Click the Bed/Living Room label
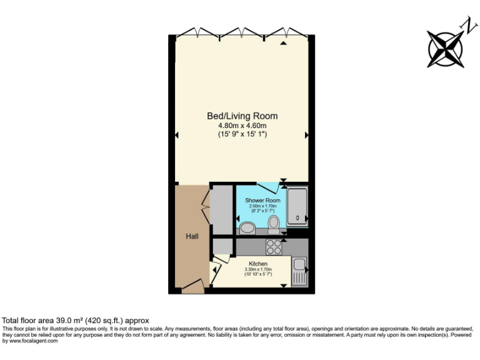242,116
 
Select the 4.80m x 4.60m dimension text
242,125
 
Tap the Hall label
192,236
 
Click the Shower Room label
262,201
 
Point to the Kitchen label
258,264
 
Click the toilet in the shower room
273,224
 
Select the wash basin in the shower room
247,229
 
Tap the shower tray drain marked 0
297,218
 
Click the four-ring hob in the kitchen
274,247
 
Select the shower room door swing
269,187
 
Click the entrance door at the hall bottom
193,287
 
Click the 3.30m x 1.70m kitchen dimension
258,269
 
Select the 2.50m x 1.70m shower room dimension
262,206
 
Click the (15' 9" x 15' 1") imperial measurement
242,134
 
